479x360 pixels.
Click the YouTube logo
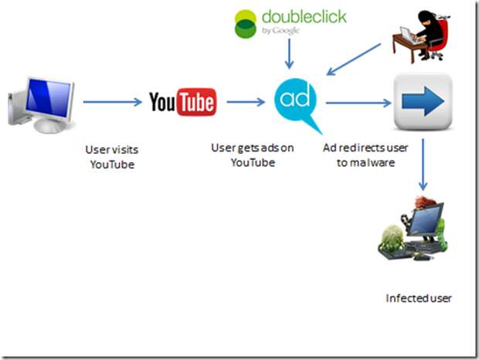coord(182,101)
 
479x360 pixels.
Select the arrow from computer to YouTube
coord(110,101)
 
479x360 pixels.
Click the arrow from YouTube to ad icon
coord(246,102)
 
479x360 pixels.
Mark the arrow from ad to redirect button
coord(358,102)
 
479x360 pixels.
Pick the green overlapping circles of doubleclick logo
coord(246,22)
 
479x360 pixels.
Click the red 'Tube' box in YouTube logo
coord(197,102)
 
